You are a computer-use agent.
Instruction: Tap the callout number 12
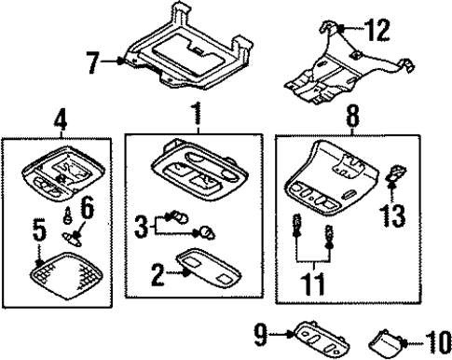[x=377, y=30]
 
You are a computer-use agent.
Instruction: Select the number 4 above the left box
[x=61, y=121]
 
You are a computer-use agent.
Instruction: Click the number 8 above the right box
[x=352, y=116]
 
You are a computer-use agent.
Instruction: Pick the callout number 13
[x=392, y=215]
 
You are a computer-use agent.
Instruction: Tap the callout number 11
[x=313, y=284]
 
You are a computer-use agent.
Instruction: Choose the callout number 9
[x=261, y=334]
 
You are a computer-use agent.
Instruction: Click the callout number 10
[x=439, y=342]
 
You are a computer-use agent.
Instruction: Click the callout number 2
[x=158, y=274]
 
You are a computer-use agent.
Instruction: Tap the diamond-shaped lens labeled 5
[x=66, y=276]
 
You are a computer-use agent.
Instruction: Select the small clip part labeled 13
[x=396, y=173]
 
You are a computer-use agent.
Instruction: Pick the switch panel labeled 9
[x=321, y=339]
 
